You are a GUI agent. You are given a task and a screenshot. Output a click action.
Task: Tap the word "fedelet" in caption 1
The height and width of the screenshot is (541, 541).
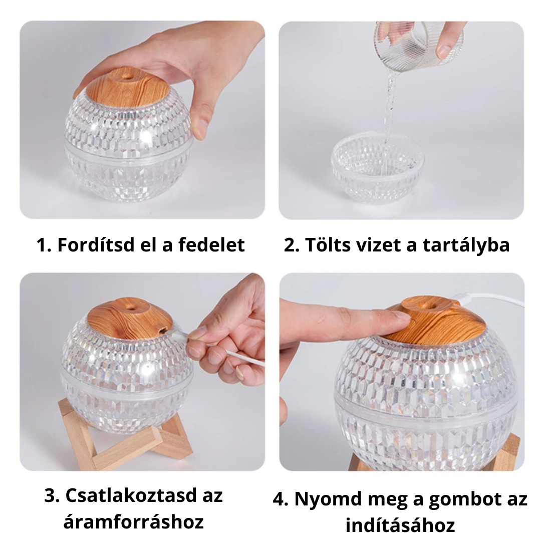coord(211,245)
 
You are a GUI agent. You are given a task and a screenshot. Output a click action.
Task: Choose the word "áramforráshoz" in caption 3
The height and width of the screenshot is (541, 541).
coord(134,521)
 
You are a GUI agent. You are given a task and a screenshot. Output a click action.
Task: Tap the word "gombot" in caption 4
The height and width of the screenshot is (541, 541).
coord(465,500)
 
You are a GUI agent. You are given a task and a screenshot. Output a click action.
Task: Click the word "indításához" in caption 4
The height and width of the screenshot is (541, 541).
coord(400,525)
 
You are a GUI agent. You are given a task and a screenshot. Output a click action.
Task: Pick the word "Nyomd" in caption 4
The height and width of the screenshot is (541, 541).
coord(323,500)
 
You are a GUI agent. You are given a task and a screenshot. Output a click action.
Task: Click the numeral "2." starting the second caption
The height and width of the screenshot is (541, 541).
coord(292,245)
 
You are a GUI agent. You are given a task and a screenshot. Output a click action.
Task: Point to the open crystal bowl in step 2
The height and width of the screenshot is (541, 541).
coord(378,165)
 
